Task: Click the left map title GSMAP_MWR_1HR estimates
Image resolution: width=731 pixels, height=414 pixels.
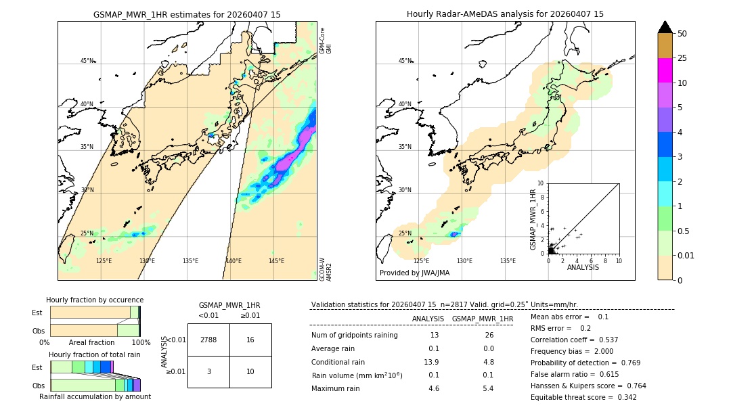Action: [x=187, y=14]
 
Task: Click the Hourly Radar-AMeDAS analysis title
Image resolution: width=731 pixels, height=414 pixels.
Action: [x=505, y=14]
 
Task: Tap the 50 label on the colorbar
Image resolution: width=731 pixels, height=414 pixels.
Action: [x=682, y=34]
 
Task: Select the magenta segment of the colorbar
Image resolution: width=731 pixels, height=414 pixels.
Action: [x=665, y=70]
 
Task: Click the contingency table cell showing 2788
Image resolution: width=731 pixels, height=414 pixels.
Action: [x=208, y=340]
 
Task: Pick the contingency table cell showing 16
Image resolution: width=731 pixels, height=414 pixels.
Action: [x=250, y=340]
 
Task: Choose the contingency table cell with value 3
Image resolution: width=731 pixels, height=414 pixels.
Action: [x=208, y=371]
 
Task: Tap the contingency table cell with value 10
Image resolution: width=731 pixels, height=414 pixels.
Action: [x=250, y=371]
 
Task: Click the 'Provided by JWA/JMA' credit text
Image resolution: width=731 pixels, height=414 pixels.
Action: [x=414, y=273]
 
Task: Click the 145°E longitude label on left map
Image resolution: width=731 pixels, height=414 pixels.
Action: [x=276, y=261]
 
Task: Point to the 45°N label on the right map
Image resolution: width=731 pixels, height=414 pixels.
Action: [x=405, y=61]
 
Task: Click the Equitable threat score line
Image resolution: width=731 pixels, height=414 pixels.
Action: [x=583, y=397]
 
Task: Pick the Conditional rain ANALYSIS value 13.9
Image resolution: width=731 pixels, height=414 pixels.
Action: [x=434, y=362]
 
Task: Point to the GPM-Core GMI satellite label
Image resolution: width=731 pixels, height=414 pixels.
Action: [x=326, y=41]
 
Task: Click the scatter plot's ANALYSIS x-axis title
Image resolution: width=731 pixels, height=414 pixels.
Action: [x=583, y=267]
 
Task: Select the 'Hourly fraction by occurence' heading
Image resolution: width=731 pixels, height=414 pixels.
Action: [x=95, y=300]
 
